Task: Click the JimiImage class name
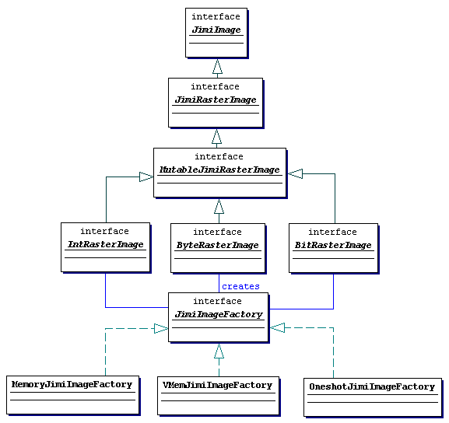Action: tap(216, 30)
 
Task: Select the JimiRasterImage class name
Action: tap(216, 100)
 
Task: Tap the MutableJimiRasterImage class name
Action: tap(219, 170)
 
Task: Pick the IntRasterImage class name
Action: tap(105, 244)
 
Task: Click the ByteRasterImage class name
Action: tap(217, 245)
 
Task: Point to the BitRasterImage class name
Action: tap(333, 245)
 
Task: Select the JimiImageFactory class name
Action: tap(219, 315)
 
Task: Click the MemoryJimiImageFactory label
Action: tap(72, 384)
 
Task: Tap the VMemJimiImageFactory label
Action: tap(217, 385)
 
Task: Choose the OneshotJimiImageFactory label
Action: tap(372, 386)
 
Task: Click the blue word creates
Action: tap(240, 286)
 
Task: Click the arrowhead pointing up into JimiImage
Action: tap(217, 66)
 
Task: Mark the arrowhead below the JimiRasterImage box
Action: tap(217, 137)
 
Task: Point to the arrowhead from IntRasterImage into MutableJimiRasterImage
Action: tap(146, 177)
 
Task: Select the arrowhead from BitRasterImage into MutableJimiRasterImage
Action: tap(295, 173)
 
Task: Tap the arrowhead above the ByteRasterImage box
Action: tap(219, 206)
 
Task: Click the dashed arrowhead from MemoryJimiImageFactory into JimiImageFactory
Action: tap(161, 329)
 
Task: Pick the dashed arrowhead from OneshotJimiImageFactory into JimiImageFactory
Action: tap(278, 327)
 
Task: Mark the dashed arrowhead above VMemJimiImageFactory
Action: tap(219, 351)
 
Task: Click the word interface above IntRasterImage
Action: tap(104, 231)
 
